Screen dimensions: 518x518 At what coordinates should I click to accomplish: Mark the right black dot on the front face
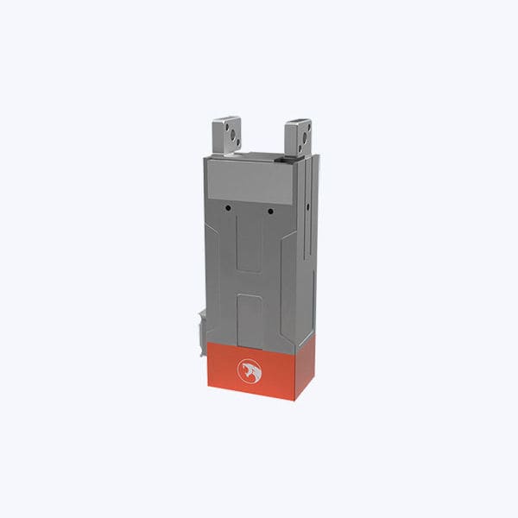tap(270, 212)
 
